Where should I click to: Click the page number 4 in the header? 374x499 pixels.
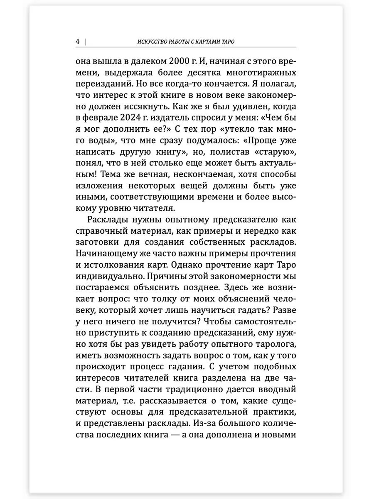point(78,42)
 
